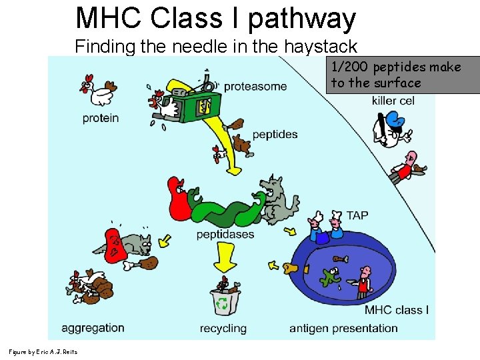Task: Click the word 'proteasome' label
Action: click(x=255, y=86)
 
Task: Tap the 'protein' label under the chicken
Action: click(x=101, y=118)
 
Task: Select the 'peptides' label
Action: click(x=275, y=134)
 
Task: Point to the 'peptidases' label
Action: click(x=225, y=235)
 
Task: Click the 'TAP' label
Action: click(x=357, y=215)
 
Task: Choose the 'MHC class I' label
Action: click(x=397, y=310)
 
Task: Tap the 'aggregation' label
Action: click(x=93, y=327)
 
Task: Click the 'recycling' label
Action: click(x=223, y=328)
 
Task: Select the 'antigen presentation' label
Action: click(x=343, y=328)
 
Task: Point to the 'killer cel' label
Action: click(x=393, y=101)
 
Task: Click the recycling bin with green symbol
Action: click(x=224, y=301)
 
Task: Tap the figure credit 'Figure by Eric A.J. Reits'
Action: click(x=43, y=352)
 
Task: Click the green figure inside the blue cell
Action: click(x=329, y=274)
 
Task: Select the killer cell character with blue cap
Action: click(x=391, y=129)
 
